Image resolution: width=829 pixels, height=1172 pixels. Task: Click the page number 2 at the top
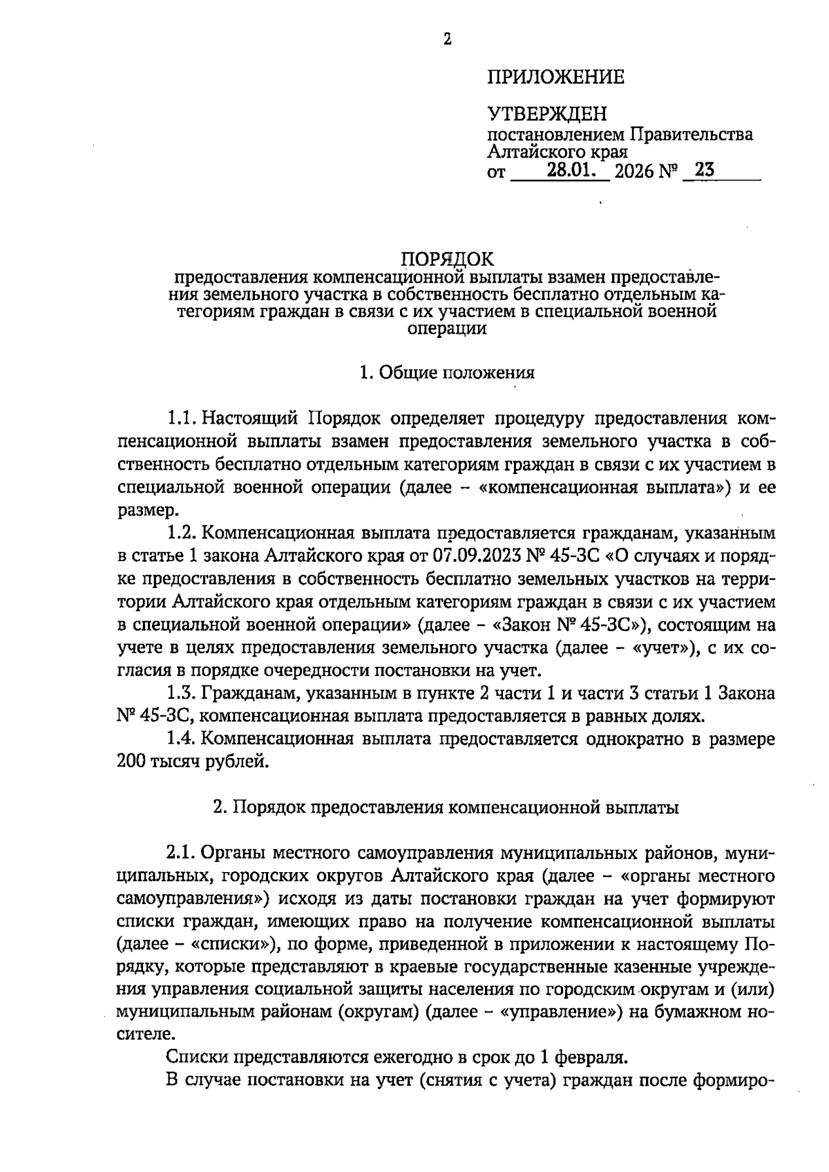pos(447,40)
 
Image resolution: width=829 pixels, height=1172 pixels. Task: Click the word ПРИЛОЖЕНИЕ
pos(555,77)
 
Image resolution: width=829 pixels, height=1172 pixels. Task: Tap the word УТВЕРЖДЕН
pos(547,114)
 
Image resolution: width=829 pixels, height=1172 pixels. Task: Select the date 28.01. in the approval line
pos(571,170)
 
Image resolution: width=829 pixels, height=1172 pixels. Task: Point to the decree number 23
pos(705,170)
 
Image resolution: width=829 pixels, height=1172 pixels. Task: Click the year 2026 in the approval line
pos(633,171)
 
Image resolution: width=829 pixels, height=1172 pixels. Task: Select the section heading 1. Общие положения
pos(447,373)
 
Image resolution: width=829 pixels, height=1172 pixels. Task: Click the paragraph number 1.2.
pos(183,533)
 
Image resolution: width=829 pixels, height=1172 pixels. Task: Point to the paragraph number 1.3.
pos(183,693)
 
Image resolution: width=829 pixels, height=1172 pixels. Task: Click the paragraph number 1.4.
pos(183,739)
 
